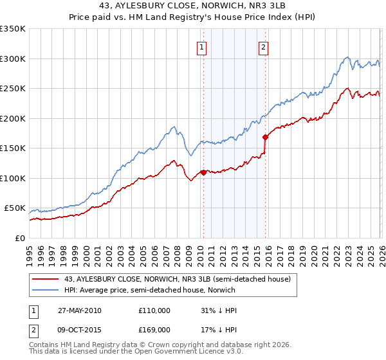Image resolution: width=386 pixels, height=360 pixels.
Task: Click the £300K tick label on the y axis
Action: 13,59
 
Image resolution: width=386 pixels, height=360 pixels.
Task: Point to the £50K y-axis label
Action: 15,208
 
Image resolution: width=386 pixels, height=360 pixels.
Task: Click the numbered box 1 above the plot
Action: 202,46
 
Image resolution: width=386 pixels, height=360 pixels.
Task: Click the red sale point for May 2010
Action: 203,172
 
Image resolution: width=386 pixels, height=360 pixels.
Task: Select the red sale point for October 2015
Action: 264,137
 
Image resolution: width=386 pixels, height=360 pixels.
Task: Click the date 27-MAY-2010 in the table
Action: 79,310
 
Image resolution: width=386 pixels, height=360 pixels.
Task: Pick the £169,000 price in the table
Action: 154,330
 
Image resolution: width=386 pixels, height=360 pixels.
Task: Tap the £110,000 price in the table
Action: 154,310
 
